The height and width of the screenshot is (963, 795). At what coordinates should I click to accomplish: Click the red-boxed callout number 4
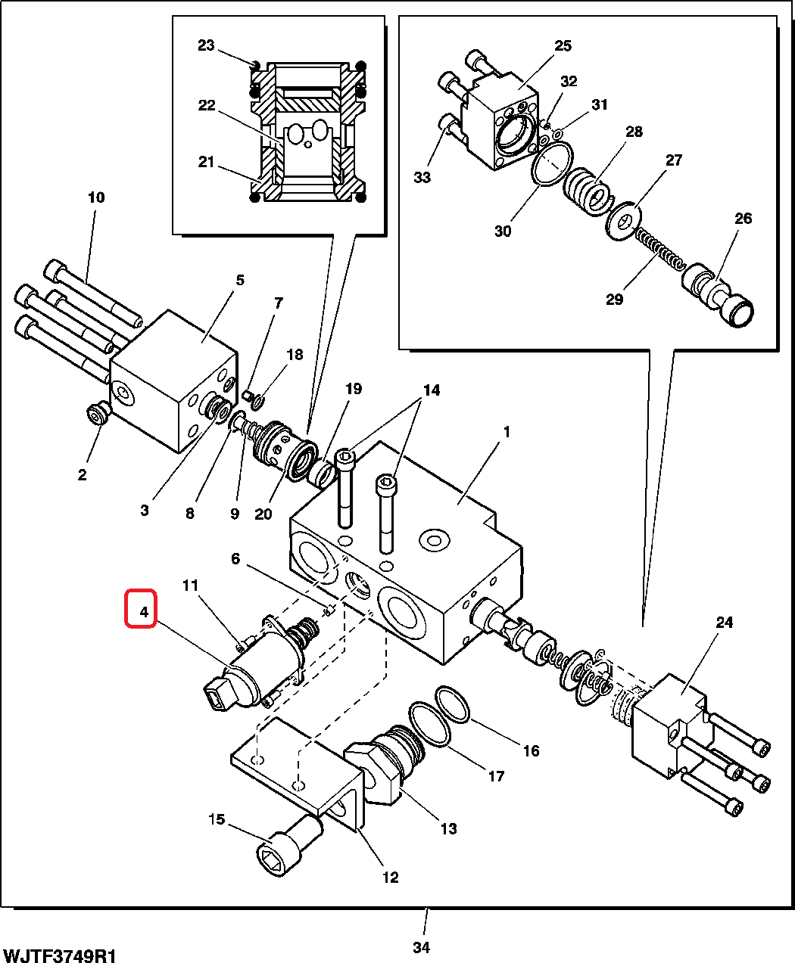(144, 612)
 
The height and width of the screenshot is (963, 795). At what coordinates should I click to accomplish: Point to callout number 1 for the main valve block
(507, 432)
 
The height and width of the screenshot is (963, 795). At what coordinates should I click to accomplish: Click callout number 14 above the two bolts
(432, 390)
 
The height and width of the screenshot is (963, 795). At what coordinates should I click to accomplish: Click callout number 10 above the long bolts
(96, 197)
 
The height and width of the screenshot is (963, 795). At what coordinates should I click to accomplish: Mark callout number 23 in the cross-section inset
(206, 45)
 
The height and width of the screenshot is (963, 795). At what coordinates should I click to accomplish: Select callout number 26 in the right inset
(743, 218)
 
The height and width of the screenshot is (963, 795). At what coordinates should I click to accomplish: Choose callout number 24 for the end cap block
(724, 623)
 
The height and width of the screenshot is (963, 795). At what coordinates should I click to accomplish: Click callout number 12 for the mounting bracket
(390, 878)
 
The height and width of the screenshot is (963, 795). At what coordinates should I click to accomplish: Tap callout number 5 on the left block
(240, 280)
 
